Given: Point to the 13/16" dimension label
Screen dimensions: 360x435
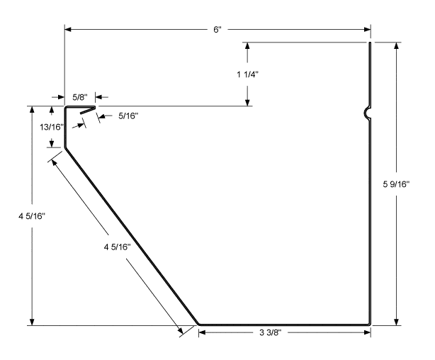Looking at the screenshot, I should pyautogui.click(x=51, y=127).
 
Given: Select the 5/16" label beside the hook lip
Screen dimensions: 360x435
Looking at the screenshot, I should pyautogui.click(x=128, y=116).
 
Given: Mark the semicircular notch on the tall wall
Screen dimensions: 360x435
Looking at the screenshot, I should pyautogui.click(x=366, y=112).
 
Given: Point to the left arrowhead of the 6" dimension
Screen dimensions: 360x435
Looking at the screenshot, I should pyautogui.click(x=69, y=29).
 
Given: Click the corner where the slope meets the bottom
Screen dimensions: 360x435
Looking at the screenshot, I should pyautogui.click(x=198, y=324).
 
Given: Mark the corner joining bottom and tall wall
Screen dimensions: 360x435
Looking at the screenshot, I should pyautogui.click(x=370, y=324).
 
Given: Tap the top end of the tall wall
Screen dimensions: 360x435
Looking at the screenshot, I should pyautogui.click(x=370, y=43).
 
